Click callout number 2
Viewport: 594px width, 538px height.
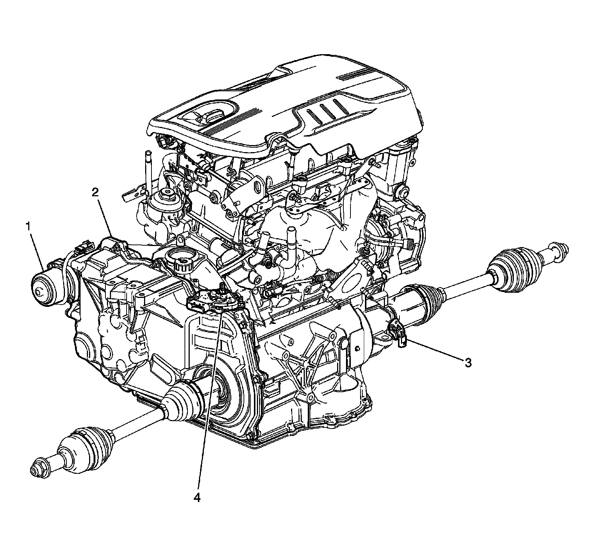tap(95, 192)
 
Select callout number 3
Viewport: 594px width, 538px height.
tap(469, 363)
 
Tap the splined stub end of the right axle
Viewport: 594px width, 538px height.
tap(559, 248)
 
